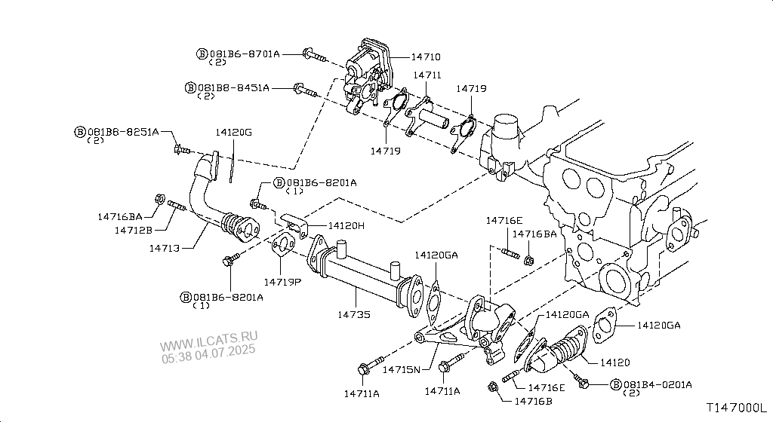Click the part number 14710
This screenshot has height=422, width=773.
coord(426,57)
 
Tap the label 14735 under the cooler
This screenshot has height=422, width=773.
coord(354,314)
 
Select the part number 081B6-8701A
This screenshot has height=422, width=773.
coord(245,54)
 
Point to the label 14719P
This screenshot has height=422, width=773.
coord(282,282)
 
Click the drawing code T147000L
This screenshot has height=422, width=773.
coord(737,408)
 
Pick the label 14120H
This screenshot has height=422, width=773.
coord(346,226)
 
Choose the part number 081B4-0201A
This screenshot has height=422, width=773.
coord(658,384)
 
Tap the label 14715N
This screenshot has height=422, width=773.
coord(402,369)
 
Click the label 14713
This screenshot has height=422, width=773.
coord(164,249)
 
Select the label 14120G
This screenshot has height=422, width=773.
coord(234,133)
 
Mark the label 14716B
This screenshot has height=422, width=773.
coord(534,402)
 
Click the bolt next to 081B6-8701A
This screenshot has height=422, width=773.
coord(314,55)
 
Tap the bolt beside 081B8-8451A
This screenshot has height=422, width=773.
coord(305,90)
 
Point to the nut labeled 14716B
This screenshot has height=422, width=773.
coord(492,387)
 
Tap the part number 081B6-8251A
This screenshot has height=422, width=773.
coord(123,132)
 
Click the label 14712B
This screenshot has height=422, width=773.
coord(134,230)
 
